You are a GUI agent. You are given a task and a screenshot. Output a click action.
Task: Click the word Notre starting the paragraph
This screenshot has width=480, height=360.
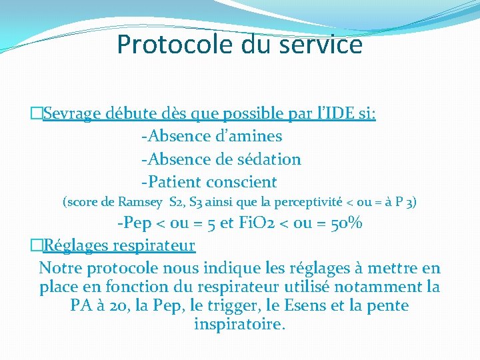tap(61, 268)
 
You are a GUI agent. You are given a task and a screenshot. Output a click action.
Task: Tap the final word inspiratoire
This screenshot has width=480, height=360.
tap(239, 325)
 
